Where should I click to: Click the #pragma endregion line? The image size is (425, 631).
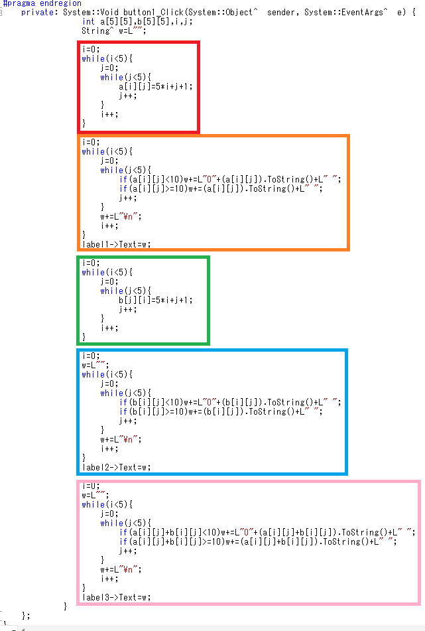pos(42,3)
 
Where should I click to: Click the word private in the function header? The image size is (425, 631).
pos(39,13)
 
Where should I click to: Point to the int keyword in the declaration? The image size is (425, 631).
pos(88,22)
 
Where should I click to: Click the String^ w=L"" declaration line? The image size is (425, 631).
pos(114,31)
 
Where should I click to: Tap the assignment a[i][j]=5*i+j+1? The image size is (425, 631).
pos(156,86)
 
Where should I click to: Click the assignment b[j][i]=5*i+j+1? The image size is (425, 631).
pos(156,300)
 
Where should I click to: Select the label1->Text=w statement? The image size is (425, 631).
pos(116,244)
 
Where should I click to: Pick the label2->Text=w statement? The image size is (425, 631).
pos(116,467)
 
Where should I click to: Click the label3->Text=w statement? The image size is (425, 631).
pos(116,597)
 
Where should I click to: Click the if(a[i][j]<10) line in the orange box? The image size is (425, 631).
pos(230,180)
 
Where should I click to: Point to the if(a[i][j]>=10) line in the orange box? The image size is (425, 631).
pos(221,188)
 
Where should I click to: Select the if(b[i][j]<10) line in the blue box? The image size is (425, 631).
pos(230,403)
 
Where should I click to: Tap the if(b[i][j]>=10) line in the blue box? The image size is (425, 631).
pos(221,411)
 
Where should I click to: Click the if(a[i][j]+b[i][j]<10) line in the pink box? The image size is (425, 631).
pos(267,532)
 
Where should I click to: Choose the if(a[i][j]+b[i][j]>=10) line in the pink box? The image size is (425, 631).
pos(258,541)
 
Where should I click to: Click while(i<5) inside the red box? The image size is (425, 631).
pos(107,59)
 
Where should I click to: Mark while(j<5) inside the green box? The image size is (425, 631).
pos(126,291)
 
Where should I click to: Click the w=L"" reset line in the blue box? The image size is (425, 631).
pos(95,366)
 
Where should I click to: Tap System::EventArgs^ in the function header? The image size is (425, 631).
pos(345,13)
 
